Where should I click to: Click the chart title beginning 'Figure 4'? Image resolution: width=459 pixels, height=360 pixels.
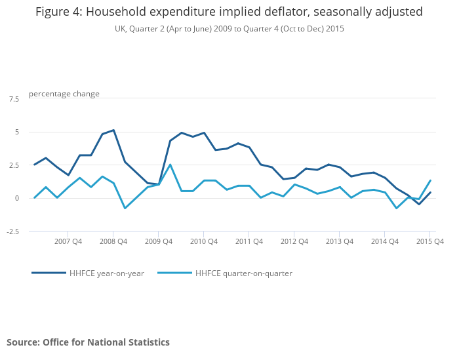(229, 12)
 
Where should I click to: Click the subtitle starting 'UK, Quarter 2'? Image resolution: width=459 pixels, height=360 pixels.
(229, 29)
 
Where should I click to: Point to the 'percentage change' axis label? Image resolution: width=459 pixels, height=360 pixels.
(64, 94)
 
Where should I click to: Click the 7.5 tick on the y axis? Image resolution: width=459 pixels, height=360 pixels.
(14, 99)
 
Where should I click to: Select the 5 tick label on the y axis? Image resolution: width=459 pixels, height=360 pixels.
(17, 132)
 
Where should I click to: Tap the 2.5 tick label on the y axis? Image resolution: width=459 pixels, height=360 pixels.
(14, 165)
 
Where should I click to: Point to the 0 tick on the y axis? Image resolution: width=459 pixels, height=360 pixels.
(17, 198)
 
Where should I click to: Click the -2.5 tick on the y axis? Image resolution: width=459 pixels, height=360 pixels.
(12, 231)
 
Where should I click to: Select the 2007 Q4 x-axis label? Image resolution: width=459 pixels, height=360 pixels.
(68, 241)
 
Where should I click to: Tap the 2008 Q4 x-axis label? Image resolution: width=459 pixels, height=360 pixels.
(113, 241)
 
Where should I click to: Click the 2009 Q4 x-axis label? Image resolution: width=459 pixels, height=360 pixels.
(159, 241)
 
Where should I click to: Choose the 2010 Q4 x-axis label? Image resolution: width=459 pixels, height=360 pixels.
(204, 241)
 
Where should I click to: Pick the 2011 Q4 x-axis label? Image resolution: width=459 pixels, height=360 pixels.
(249, 241)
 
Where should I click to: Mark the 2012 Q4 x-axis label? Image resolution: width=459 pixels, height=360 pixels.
(294, 241)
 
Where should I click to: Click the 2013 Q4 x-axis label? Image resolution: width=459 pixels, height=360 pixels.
(340, 241)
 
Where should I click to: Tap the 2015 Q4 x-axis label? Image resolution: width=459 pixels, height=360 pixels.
(430, 241)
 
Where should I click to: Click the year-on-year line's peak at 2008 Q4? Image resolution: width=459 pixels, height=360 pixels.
(113, 130)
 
